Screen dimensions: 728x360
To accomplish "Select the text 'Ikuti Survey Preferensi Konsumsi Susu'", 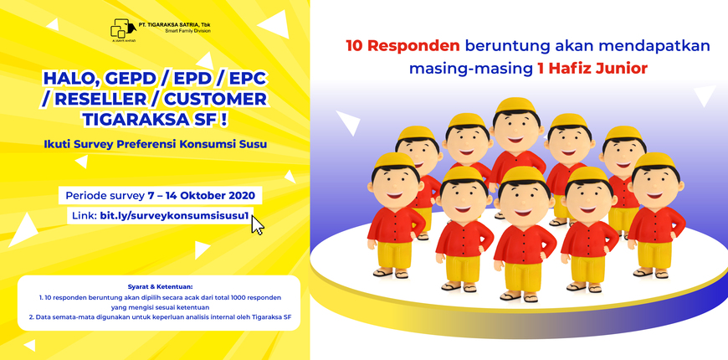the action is [x=155, y=144].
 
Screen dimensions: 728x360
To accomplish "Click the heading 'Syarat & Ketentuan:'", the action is [x=159, y=286].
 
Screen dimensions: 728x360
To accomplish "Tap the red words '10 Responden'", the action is [x=403, y=46].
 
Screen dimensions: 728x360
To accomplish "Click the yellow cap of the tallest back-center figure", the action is [x=515, y=106].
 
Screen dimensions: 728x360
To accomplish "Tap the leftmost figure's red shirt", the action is [x=395, y=223].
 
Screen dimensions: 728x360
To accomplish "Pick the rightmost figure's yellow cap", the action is [x=655, y=160].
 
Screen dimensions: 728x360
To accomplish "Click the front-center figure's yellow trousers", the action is [x=523, y=275].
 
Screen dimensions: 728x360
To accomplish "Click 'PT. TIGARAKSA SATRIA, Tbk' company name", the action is [x=175, y=24].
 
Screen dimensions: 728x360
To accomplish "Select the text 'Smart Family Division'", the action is [x=187, y=31].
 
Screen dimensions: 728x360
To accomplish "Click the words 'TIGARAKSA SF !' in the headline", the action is [x=155, y=118].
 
